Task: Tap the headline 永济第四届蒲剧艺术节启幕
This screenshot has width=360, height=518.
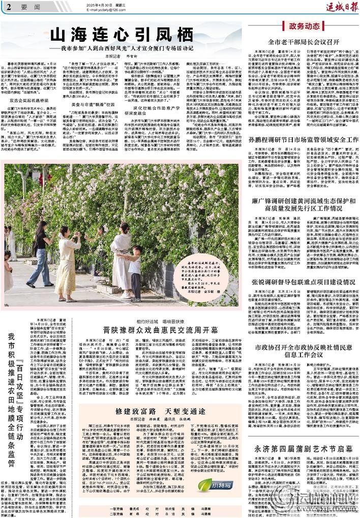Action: pos(304,449)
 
